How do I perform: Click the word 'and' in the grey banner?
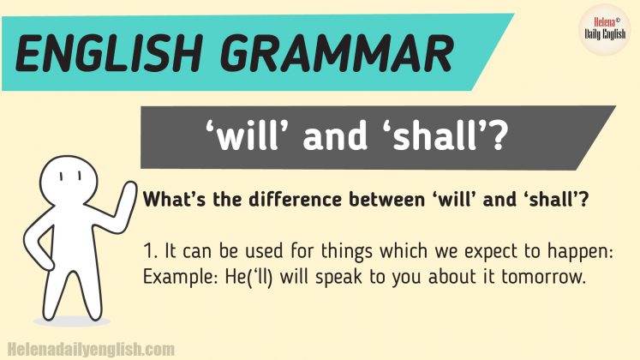click(345, 138)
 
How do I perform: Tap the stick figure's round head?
click(73, 176)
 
